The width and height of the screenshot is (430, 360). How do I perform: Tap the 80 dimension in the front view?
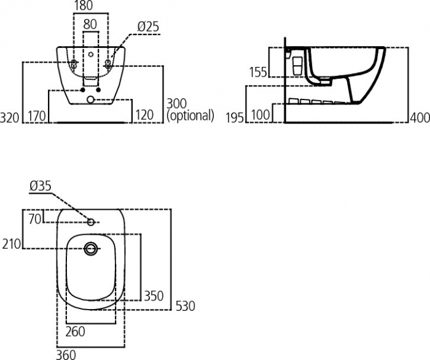[x=90, y=25]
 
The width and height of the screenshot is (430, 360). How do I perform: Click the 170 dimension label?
[x=37, y=115]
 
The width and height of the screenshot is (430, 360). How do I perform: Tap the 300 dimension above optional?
[x=177, y=103]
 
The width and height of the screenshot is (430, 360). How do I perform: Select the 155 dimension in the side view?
[x=258, y=72]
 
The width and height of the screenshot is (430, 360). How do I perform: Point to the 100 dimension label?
[x=261, y=115]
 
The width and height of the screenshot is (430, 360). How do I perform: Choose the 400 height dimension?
[x=420, y=117]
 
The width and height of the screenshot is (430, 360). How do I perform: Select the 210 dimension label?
[x=12, y=244]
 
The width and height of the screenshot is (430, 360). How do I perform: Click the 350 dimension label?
[x=154, y=296]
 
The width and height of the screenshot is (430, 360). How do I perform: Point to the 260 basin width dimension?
[x=75, y=332]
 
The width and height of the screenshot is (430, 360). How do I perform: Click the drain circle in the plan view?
[x=91, y=248]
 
